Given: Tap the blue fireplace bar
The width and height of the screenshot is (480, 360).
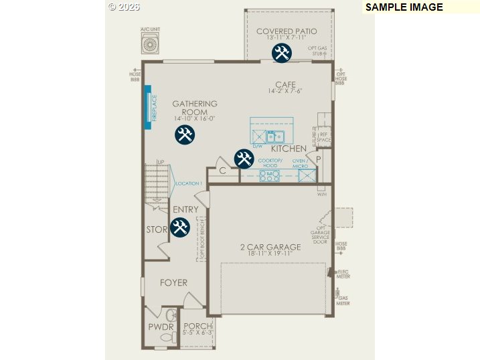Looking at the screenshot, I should (x=148, y=107).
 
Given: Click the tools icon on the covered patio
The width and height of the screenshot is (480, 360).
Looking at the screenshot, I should (x=281, y=54).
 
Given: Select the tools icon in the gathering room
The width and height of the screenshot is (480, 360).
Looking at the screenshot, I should (x=185, y=134).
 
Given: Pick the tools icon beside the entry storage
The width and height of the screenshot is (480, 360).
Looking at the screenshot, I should (x=179, y=228).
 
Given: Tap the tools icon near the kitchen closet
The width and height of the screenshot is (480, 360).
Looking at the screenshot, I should (x=244, y=159).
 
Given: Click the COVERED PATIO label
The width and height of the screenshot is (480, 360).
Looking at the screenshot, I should (x=287, y=31).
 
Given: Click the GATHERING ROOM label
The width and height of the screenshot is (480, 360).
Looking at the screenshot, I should (x=195, y=108).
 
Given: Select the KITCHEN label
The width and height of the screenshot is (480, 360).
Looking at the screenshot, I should (x=289, y=149).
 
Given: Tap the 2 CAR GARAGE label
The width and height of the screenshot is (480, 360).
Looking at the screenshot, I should (x=270, y=247).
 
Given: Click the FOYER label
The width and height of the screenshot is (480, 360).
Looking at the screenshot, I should (x=173, y=283).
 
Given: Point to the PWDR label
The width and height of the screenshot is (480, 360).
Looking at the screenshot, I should (x=161, y=327).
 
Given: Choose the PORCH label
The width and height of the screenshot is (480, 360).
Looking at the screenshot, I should (x=197, y=326).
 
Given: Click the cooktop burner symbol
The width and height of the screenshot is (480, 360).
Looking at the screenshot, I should (x=270, y=176).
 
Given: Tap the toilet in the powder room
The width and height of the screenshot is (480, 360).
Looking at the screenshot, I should (x=170, y=316).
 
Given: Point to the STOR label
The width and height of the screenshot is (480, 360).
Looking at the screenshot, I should (x=157, y=230).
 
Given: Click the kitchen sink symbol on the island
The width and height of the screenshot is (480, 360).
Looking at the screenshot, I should (x=272, y=138).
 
